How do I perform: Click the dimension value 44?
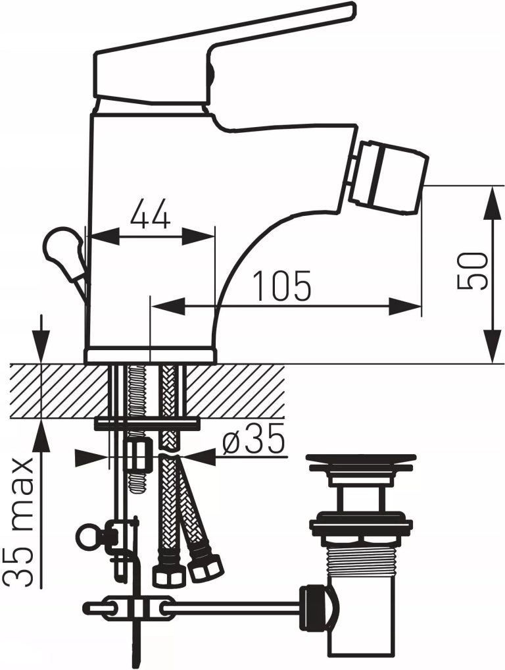click(150, 215)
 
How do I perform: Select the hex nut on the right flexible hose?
click(205, 567)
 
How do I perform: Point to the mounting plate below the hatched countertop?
click(147, 423)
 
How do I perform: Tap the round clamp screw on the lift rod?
click(87, 536)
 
